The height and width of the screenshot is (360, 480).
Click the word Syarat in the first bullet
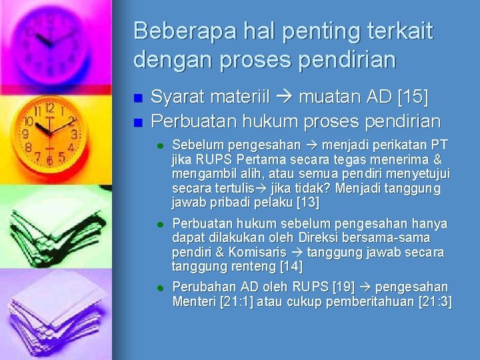pos(177,99)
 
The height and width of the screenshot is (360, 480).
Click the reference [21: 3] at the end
pos(435,301)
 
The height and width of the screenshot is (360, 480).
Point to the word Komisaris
pos(257,253)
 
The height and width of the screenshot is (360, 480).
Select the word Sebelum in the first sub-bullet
pos(193,145)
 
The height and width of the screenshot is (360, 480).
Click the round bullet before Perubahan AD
pos(160,287)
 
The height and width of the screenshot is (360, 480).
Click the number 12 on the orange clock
pos(49,107)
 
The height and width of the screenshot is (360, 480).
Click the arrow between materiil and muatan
pos(285,99)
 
